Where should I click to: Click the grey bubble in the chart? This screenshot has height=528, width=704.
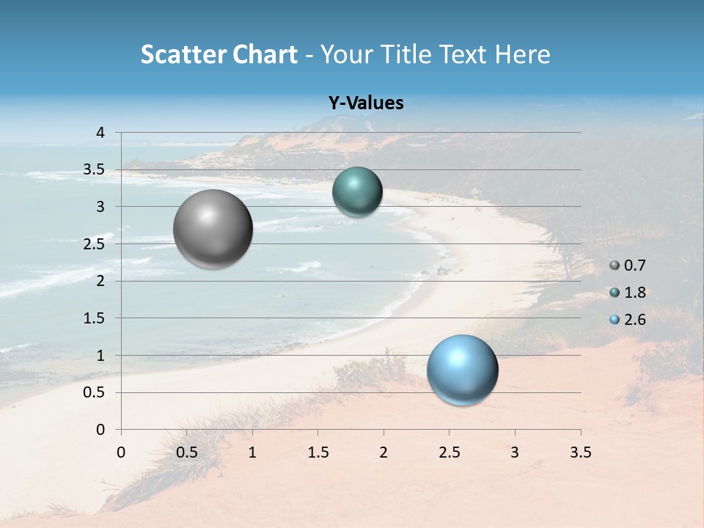tap(213, 229)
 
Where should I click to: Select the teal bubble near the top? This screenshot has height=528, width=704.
tap(357, 191)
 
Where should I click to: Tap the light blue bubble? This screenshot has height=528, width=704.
tap(462, 370)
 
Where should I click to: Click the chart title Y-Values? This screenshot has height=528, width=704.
tap(365, 103)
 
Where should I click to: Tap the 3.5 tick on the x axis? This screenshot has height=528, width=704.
tap(580, 452)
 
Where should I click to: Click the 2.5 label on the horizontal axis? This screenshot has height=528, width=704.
tap(449, 452)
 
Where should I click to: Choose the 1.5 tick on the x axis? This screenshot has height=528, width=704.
tap(318, 452)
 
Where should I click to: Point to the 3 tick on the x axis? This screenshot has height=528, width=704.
tap(515, 452)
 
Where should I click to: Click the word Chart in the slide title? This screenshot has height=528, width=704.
tap(265, 54)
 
